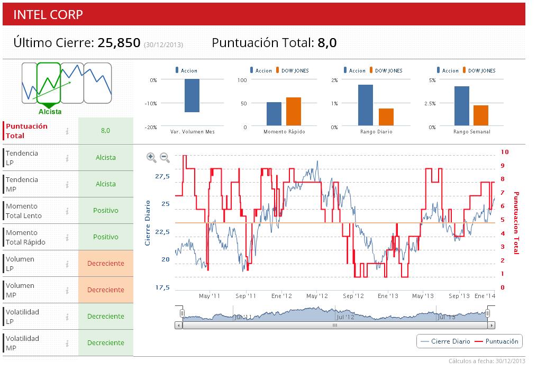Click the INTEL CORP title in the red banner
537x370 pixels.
(48, 14)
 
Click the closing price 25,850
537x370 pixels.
(119, 43)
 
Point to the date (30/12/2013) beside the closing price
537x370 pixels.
(163, 44)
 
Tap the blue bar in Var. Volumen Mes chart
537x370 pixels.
(192, 95)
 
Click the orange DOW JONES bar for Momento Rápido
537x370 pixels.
(293, 112)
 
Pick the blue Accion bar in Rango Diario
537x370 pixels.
(366, 106)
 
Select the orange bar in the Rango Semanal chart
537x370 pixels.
(480, 116)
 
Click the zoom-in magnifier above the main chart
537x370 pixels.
(151, 157)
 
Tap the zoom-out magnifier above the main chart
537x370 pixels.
(165, 157)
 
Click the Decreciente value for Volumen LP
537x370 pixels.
(106, 264)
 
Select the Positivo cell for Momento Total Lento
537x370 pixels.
(106, 211)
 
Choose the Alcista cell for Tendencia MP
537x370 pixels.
(106, 184)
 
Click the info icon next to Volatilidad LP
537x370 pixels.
(67, 317)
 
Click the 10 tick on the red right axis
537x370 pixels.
(504, 152)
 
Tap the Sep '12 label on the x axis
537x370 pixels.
(353, 296)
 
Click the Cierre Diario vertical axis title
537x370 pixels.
(148, 222)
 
